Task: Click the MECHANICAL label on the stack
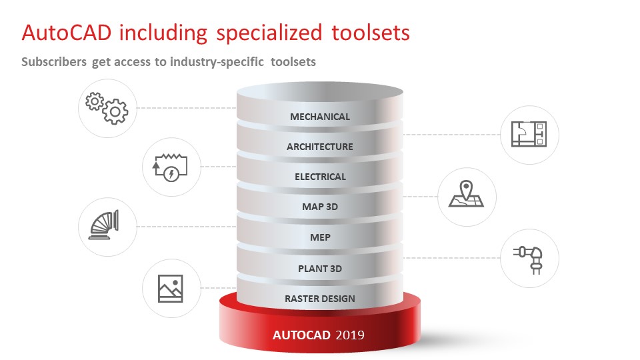click(320, 117)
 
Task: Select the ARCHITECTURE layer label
click(320, 147)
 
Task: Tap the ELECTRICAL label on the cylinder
click(321, 177)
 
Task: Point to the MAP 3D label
click(320, 207)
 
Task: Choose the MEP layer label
click(320, 237)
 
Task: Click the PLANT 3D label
click(320, 269)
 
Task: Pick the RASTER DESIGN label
click(320, 299)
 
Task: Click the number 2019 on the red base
click(350, 335)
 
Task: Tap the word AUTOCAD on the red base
click(301, 335)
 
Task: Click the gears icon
click(107, 108)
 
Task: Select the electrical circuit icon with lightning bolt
click(170, 167)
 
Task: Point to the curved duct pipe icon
click(104, 225)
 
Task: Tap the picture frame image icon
click(170, 289)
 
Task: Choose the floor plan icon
click(529, 134)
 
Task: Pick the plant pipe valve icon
click(529, 259)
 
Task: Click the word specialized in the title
click(269, 33)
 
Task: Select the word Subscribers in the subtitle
click(54, 61)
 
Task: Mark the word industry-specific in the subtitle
click(217, 62)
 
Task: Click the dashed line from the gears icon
click(187, 108)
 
